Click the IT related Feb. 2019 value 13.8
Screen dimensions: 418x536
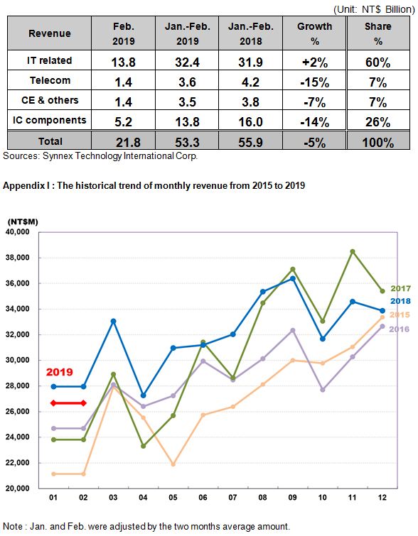[123, 62]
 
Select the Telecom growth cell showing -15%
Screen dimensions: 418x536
[315, 82]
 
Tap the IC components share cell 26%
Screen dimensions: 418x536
[378, 122]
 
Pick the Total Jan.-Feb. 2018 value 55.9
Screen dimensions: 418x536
[251, 142]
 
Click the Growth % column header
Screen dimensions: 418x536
[315, 33]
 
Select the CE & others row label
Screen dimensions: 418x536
[50, 100]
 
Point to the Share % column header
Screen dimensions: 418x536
[378, 33]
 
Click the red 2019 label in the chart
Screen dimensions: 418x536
[60, 372]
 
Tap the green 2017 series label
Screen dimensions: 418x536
[400, 288]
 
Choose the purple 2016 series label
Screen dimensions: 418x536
[400, 329]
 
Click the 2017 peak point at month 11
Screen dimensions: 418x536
[353, 251]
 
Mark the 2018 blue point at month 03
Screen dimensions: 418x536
[113, 322]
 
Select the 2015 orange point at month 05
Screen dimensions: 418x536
[173, 464]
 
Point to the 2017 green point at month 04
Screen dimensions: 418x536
[144, 446]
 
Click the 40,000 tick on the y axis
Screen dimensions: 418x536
[18, 231]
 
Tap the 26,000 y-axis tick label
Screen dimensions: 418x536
[18, 411]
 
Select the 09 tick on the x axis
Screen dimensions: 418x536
[292, 498]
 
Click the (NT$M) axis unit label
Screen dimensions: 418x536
[23, 221]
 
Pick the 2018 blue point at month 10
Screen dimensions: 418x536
[323, 339]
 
